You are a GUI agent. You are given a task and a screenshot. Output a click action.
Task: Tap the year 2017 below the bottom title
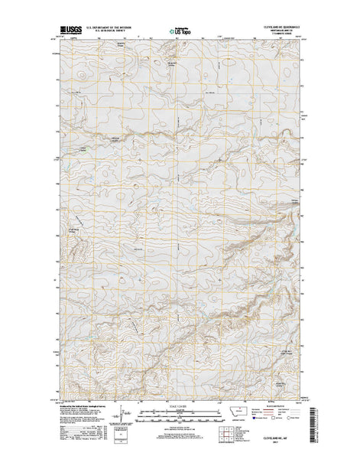(x=274, y=442)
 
